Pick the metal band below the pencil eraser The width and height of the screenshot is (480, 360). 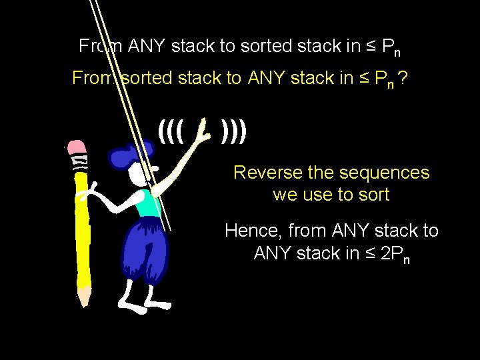79,162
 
